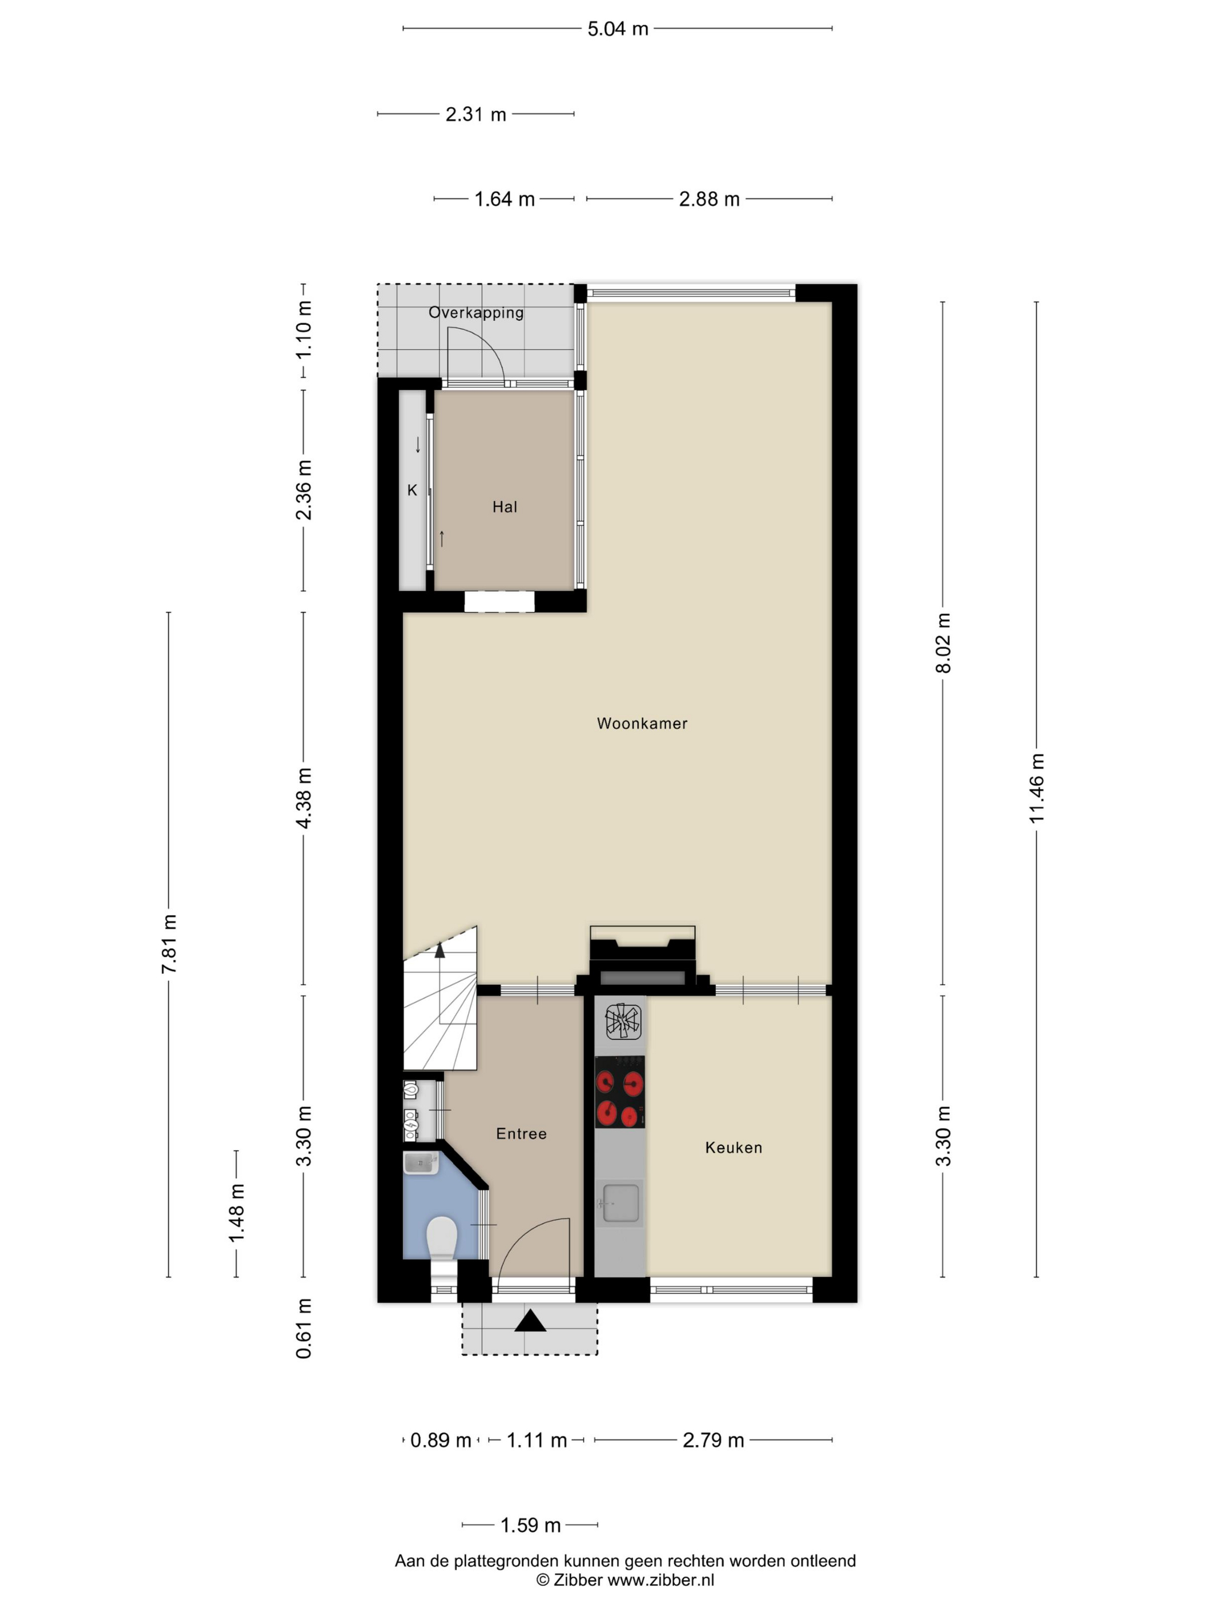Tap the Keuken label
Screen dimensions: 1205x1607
pyautogui.click(x=733, y=1147)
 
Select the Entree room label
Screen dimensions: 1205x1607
pyautogui.click(x=521, y=1134)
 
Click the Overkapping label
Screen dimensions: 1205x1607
pyautogui.click(x=476, y=312)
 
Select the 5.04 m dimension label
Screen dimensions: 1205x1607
pyautogui.click(x=617, y=29)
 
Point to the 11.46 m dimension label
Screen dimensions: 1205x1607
pyautogui.click(x=1036, y=788)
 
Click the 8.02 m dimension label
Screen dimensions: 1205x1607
pyautogui.click(x=943, y=643)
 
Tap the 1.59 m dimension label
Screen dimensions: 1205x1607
pyautogui.click(x=530, y=1525)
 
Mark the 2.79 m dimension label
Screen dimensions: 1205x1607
pyautogui.click(x=713, y=1440)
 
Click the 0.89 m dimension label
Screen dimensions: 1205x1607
pyautogui.click(x=441, y=1440)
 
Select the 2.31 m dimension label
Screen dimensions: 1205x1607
pyautogui.click(x=476, y=114)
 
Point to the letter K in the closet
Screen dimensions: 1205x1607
pyautogui.click(x=412, y=490)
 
